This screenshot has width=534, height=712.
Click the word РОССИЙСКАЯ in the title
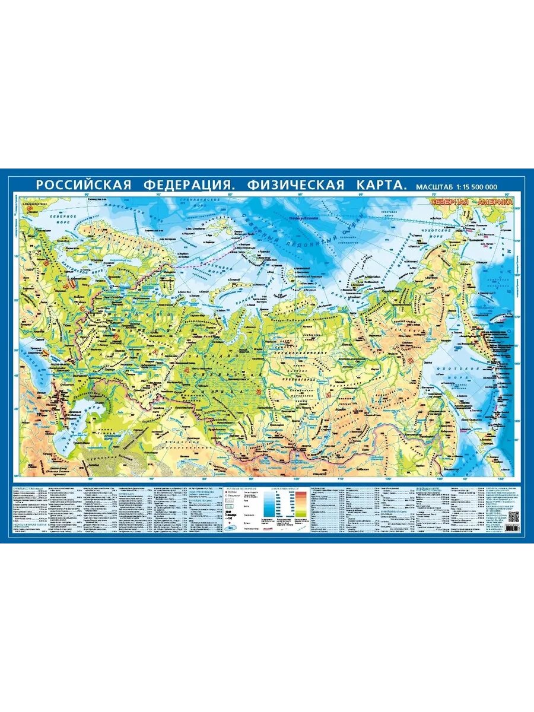(x=83, y=185)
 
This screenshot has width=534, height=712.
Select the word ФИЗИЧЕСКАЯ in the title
(x=295, y=185)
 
